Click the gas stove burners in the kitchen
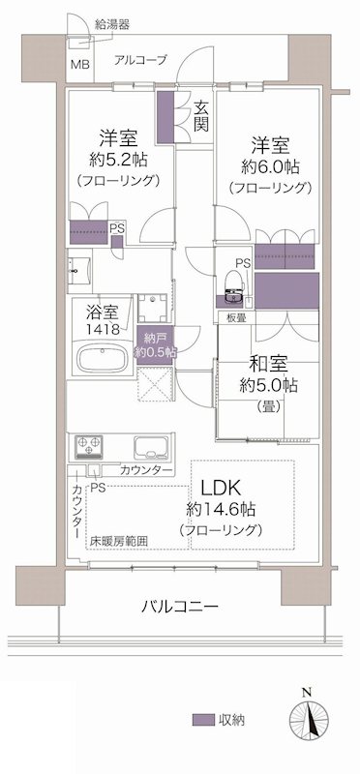89,448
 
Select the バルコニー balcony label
179,606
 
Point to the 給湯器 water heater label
113,22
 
